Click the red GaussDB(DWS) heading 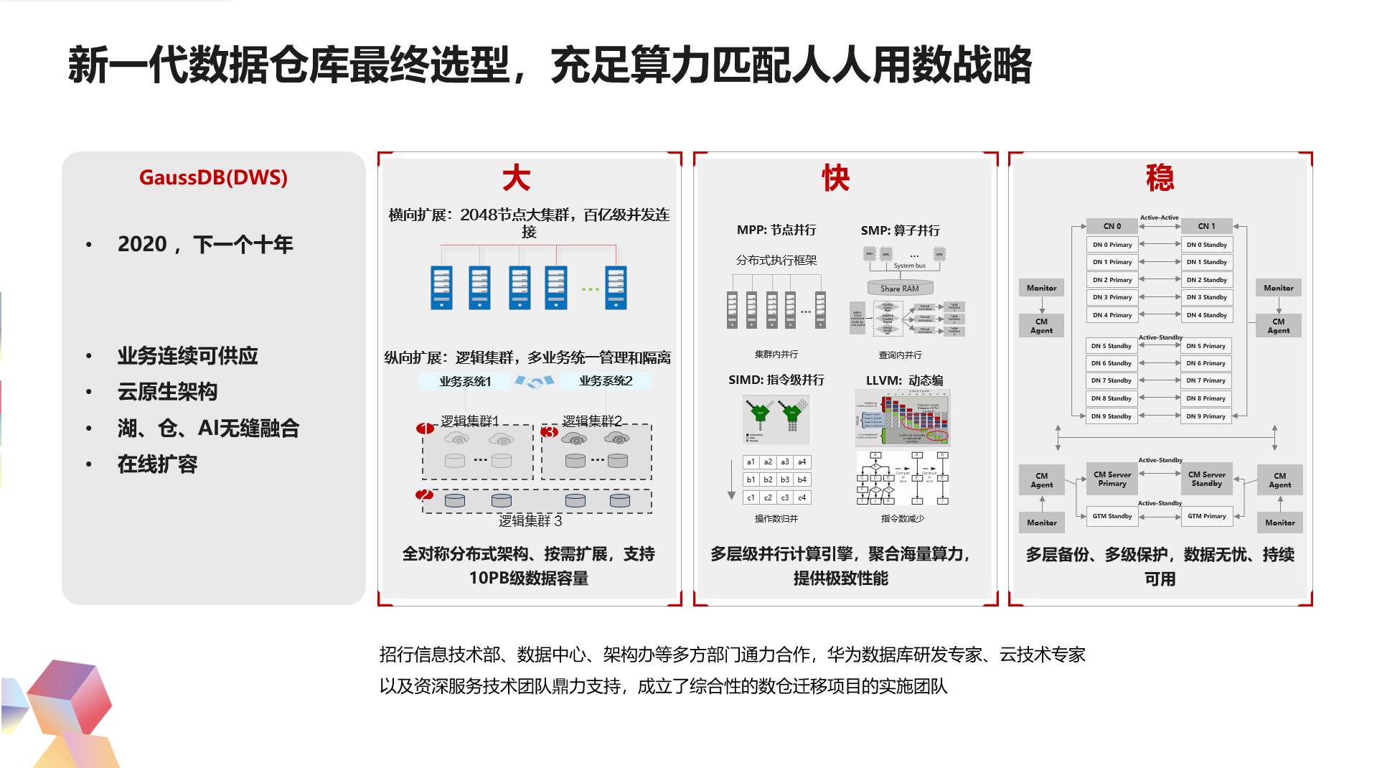coord(213,177)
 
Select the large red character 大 coord(516,178)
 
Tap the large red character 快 coord(835,178)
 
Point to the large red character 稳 coord(1160,178)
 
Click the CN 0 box coord(1112,226)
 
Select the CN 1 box coord(1206,226)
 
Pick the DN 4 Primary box coord(1112,315)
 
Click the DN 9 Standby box coord(1112,416)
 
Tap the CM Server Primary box coord(1112,479)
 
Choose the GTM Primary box coord(1206,516)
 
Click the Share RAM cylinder coord(900,289)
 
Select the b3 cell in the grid coord(785,479)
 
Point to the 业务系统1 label coord(465,381)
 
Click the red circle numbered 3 coord(550,432)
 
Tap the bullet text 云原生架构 coord(167,392)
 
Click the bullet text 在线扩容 coord(157,464)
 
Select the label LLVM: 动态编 coord(904,380)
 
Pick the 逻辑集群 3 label coord(530,520)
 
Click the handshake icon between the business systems coord(535,381)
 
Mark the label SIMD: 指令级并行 coord(776,380)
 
